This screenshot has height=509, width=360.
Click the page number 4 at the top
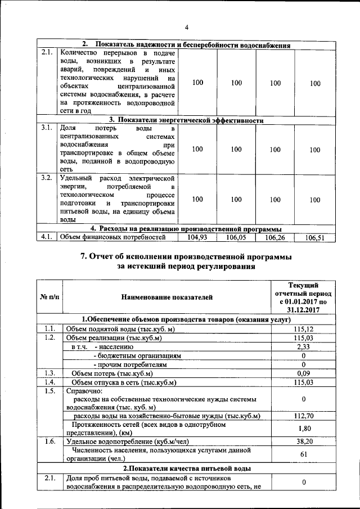186,28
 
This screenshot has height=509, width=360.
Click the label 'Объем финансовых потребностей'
113,237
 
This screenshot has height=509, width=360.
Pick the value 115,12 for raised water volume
303,328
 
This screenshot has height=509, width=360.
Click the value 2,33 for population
303,347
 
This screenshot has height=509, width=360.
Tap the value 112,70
303,416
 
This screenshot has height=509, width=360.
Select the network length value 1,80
303,429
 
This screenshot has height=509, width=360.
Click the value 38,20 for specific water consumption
303,442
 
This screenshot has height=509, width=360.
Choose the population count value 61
303,454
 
